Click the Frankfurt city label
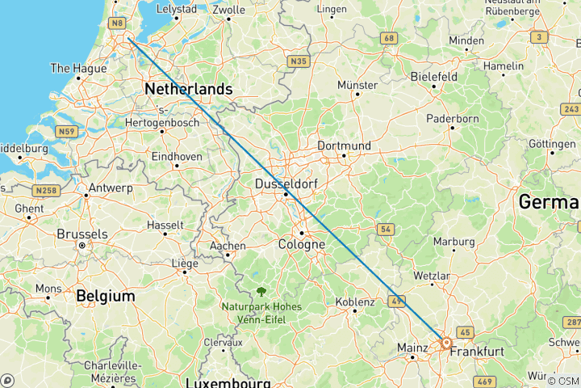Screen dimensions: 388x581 477,352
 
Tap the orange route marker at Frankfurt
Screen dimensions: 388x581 445,343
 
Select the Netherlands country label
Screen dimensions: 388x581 189,89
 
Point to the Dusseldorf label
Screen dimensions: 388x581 286,184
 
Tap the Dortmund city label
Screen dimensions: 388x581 345,145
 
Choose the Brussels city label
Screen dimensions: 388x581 82,234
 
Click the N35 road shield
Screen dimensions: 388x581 299,61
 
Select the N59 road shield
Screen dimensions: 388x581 66,132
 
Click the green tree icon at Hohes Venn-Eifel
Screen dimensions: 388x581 261,292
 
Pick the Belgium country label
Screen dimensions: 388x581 105,296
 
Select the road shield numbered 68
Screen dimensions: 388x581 390,38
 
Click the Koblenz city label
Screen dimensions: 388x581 354,302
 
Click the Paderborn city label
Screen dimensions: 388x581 452,117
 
